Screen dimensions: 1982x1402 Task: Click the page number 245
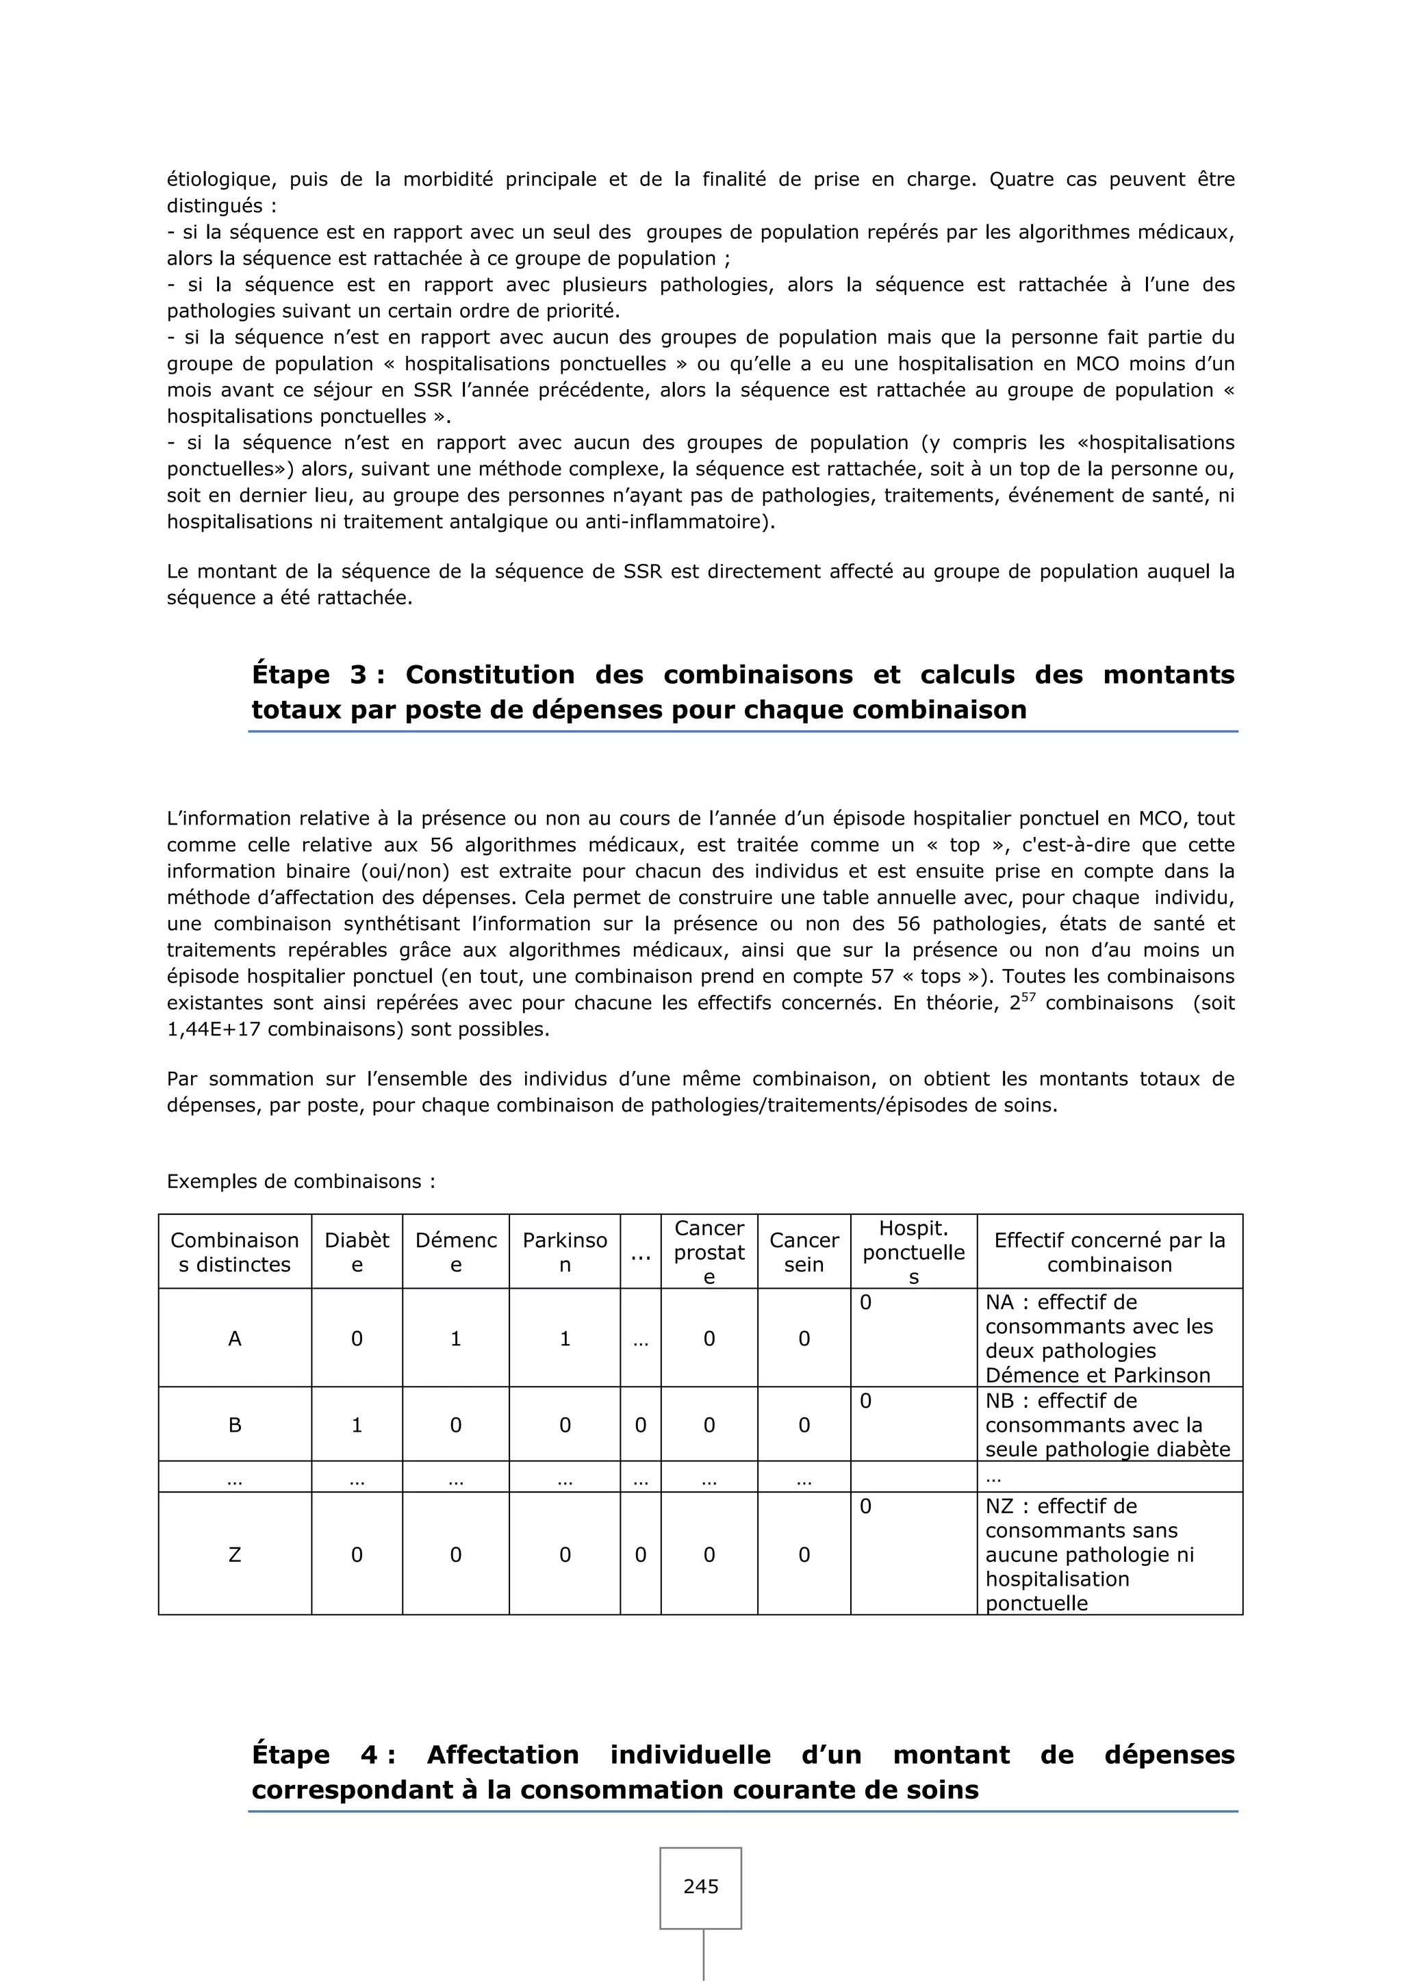[700, 1886]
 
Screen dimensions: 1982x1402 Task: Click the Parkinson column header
[565, 1252]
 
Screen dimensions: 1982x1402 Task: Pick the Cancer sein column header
[804, 1252]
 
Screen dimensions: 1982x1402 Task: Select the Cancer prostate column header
[709, 1252]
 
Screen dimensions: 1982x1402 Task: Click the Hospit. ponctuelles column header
[913, 1252]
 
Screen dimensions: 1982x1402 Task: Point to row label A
[234, 1339]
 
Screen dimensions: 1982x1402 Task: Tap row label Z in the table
[234, 1555]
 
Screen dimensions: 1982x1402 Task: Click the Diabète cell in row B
[357, 1425]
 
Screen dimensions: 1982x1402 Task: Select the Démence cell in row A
[455, 1339]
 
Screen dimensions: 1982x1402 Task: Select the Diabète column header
[357, 1252]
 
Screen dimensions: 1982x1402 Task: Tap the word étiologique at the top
[221, 179]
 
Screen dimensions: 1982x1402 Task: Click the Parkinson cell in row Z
[565, 1555]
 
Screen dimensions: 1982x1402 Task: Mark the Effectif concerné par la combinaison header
[1109, 1252]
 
